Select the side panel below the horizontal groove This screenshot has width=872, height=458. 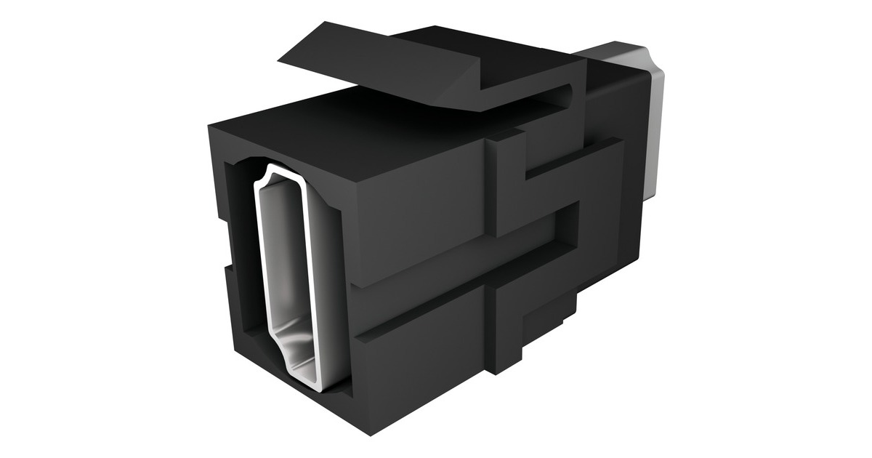click(x=421, y=349)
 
